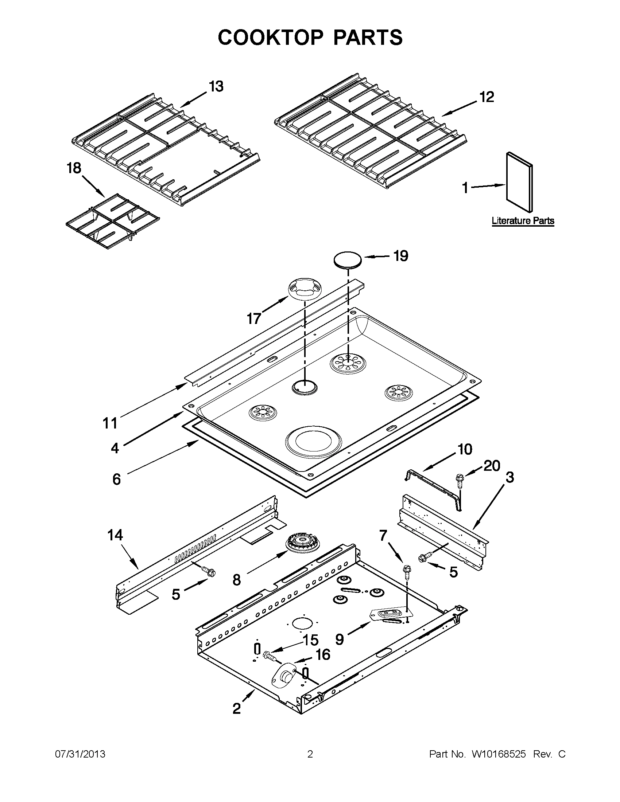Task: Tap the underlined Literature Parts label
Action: (523, 221)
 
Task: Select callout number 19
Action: (400, 256)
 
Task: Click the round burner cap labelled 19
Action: (347, 260)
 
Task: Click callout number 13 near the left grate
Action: (216, 87)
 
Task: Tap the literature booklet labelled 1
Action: (519, 183)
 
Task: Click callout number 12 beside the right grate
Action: (487, 97)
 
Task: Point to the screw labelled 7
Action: (407, 572)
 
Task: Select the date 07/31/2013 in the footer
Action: (80, 754)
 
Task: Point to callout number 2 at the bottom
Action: (237, 708)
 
